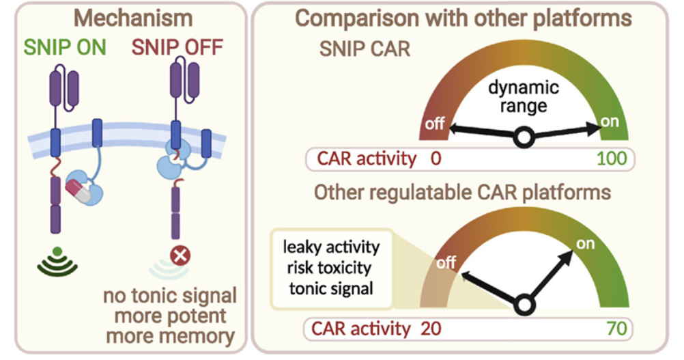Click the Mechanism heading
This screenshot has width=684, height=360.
(133, 18)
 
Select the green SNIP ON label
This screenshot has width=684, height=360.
(65, 47)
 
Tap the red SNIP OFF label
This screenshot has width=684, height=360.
(177, 47)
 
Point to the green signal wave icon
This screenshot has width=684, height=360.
(57, 262)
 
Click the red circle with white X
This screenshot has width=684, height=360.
(180, 255)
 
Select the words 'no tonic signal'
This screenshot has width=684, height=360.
(170, 296)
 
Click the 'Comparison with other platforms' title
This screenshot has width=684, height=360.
(464, 18)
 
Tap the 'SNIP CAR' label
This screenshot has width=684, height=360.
(365, 49)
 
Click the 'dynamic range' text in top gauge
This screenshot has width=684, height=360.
(524, 96)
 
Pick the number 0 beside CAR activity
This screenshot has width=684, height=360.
(436, 159)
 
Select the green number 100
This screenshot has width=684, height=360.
(612, 159)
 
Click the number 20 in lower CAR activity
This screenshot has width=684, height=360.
(431, 329)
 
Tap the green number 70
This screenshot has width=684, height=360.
(617, 329)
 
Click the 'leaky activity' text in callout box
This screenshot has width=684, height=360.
(332, 247)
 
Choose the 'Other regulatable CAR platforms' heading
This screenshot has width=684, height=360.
(462, 193)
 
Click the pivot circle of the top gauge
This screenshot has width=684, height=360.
(524, 137)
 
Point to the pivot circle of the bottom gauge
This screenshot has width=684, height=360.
(524, 304)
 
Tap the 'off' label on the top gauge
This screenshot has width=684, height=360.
(434, 124)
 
